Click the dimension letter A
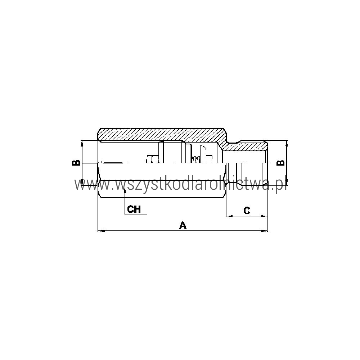(x=183, y=225)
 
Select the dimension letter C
(x=247, y=210)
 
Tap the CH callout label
(x=134, y=209)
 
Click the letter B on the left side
(x=76, y=163)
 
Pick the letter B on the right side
(x=280, y=163)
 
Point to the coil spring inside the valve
(x=195, y=159)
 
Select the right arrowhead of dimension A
(x=265, y=230)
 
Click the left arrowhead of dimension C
(x=229, y=216)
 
